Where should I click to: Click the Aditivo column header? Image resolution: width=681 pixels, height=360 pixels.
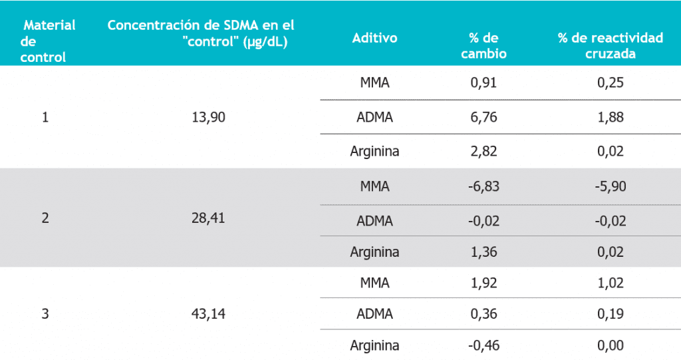coord(374,38)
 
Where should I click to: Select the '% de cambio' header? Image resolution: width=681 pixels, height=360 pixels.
coord(483,46)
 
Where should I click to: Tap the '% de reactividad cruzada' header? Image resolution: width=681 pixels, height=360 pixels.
coord(610,46)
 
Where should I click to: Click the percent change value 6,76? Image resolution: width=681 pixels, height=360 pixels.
coord(483,118)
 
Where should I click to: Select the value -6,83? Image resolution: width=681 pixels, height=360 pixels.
coord(483,187)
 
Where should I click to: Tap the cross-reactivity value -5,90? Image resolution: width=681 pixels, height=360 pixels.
coord(610,187)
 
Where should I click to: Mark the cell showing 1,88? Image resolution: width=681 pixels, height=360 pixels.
coord(610,118)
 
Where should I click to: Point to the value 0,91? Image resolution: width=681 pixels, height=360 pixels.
coord(483,83)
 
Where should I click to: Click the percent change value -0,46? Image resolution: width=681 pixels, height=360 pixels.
coord(483,346)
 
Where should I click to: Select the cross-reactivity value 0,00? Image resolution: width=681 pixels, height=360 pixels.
coord(610,346)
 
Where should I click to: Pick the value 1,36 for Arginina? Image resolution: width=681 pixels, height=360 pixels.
coord(483,252)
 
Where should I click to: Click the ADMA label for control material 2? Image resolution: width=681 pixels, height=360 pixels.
coord(374,220)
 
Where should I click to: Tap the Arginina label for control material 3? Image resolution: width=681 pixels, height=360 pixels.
coord(374,346)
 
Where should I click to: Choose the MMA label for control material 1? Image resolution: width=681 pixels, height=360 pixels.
coord(374,83)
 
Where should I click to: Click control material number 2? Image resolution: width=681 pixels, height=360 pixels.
coord(45,218)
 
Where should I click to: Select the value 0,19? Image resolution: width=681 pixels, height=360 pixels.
coord(610,314)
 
